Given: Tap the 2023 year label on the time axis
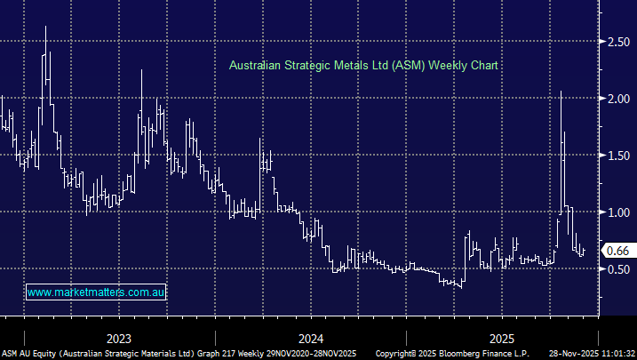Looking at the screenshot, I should coord(118,339).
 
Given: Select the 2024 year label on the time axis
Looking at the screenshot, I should coord(310,339).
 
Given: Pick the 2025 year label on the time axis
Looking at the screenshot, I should coord(502,339).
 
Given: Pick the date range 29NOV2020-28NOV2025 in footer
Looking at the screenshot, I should coord(307,353).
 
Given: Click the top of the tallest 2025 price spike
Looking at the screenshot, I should coord(561,91).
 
